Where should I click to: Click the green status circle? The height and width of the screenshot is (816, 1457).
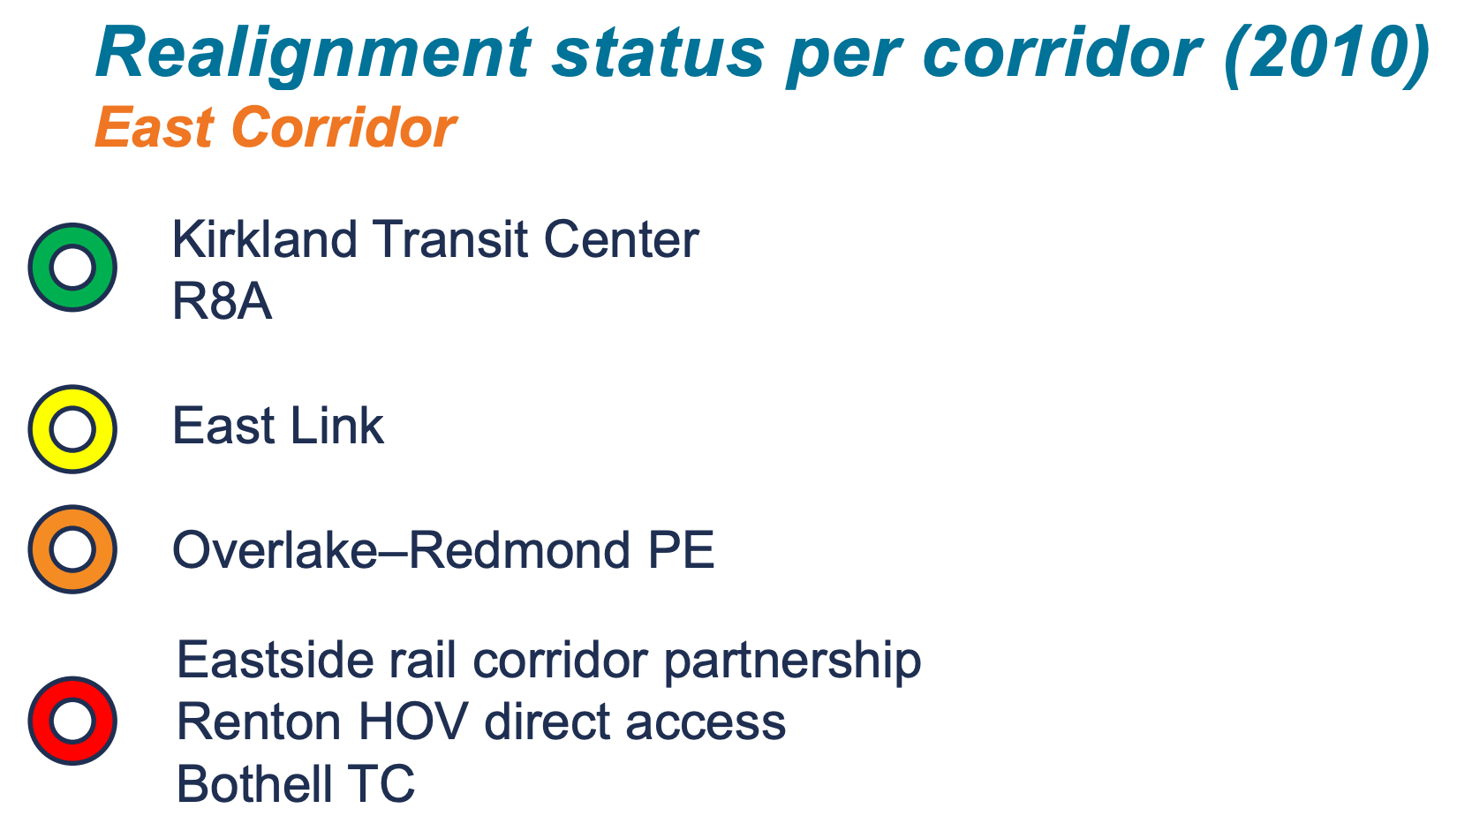point(72,267)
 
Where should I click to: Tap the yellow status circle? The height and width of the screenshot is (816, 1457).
point(72,429)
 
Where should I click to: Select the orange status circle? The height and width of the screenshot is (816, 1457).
point(72,549)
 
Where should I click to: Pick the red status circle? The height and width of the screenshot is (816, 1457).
point(72,721)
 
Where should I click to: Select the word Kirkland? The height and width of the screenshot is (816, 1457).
point(265,239)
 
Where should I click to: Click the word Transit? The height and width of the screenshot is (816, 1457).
point(450,239)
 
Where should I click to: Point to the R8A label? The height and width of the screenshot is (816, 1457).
point(222,302)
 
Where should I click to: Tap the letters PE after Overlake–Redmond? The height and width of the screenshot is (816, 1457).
point(681,550)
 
